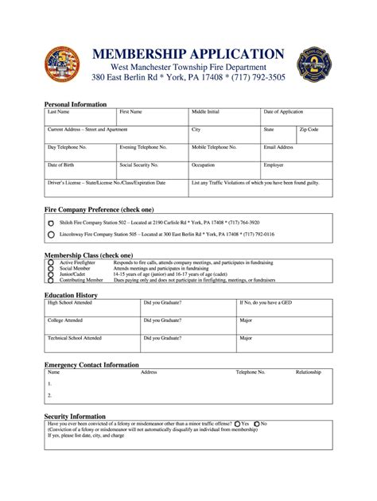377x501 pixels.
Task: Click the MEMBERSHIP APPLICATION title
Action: click(x=188, y=54)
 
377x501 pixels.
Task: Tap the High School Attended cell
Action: click(x=92, y=307)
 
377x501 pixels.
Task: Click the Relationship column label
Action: click(x=309, y=372)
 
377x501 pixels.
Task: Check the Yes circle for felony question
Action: click(x=238, y=424)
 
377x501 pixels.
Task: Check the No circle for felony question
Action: click(x=257, y=424)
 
